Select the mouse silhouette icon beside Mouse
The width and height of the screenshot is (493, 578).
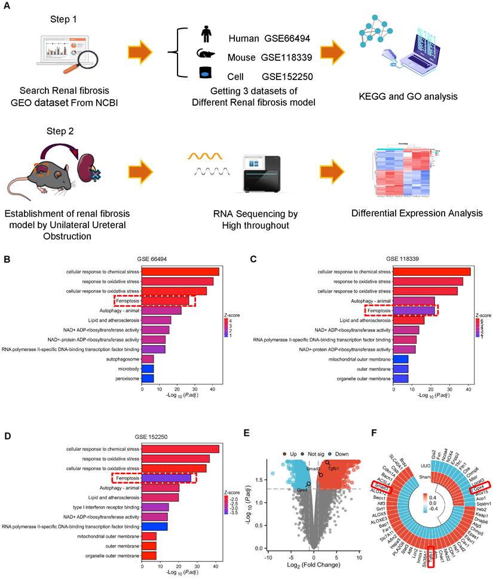pyautogui.click(x=206, y=54)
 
